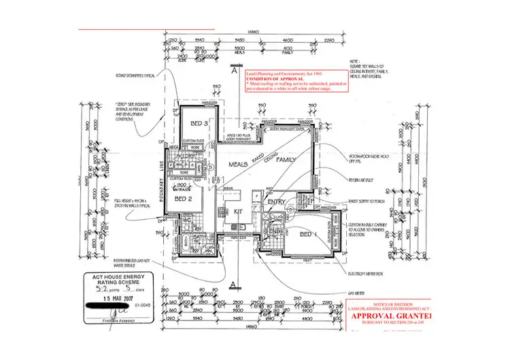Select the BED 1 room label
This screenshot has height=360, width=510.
point(308,235)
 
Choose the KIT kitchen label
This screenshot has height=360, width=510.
point(238,212)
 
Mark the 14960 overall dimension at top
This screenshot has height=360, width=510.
point(256,31)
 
